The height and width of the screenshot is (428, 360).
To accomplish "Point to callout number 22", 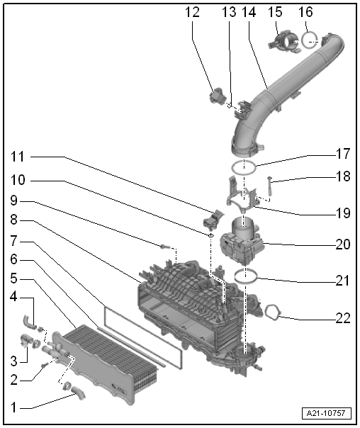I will pos(343,318).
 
